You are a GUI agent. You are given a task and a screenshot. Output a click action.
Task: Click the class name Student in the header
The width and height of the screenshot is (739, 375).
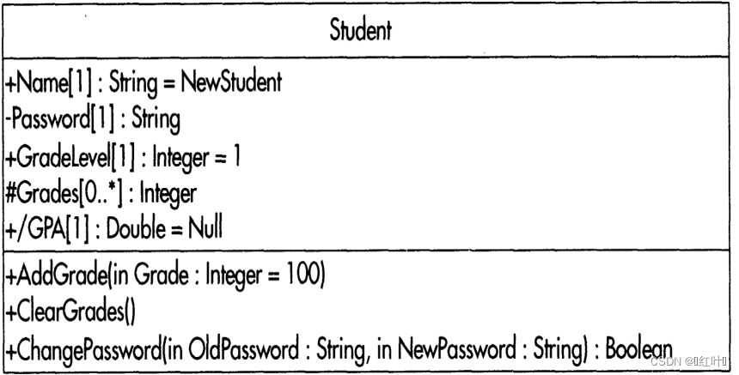click(x=361, y=32)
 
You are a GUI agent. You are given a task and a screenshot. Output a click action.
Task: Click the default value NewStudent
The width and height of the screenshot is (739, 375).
click(x=231, y=84)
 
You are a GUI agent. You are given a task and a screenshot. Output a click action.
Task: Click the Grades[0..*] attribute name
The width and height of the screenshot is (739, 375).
click(x=57, y=193)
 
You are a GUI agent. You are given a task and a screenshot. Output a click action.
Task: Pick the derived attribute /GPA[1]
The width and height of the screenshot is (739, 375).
click(x=44, y=229)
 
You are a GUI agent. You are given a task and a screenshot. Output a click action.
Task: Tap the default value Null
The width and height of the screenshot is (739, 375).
click(x=205, y=229)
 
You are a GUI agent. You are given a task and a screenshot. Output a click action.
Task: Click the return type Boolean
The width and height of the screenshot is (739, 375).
click(x=638, y=349)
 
